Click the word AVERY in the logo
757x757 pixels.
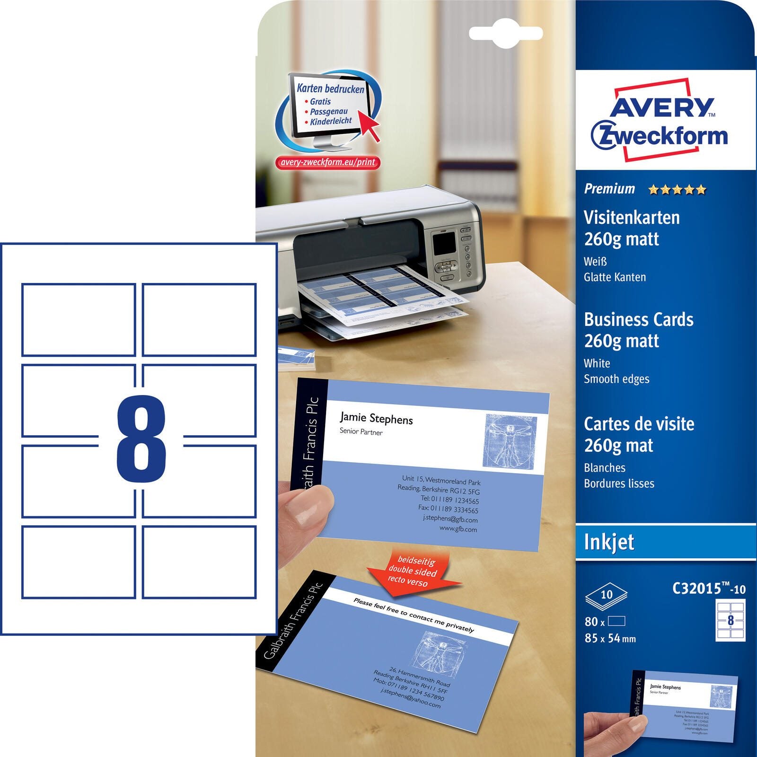(x=661, y=107)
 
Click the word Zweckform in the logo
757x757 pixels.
(x=660, y=136)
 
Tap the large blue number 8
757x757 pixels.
(x=141, y=439)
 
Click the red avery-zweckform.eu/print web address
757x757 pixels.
(x=327, y=162)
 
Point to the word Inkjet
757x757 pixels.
(x=609, y=542)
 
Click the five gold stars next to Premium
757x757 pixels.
(x=677, y=190)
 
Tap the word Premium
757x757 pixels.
(x=609, y=189)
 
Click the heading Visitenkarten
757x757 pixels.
(x=632, y=218)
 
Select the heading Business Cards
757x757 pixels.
(x=639, y=319)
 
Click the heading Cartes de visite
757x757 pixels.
(x=639, y=424)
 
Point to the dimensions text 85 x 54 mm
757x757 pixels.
(x=610, y=638)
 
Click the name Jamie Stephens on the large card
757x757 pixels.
(x=376, y=418)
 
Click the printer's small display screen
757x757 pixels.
(x=444, y=243)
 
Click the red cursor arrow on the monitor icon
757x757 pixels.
(x=369, y=124)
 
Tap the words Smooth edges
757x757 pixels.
(x=616, y=379)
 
